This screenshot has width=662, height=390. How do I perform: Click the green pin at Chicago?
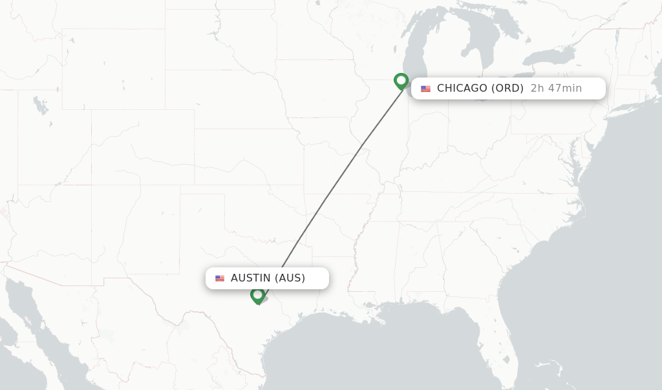coord(401,81)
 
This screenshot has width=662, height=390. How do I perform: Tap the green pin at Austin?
coord(257,295)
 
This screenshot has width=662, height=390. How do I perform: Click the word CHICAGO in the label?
coord(462,88)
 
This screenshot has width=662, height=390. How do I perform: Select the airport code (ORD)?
coord(507,88)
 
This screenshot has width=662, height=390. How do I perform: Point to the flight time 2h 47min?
coord(556,88)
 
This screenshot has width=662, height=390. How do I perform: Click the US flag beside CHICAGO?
coord(425,89)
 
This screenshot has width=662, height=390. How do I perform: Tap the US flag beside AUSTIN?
coord(220,278)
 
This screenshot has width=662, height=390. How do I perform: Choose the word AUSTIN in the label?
coord(251,278)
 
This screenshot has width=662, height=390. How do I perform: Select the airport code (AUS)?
coord(290,278)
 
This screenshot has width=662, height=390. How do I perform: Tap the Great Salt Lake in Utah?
coord(40,105)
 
